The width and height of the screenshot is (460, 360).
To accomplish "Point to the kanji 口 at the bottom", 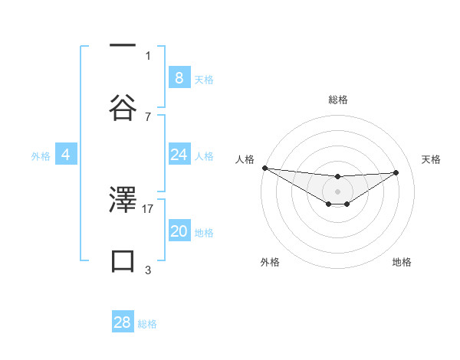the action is tap(123, 261).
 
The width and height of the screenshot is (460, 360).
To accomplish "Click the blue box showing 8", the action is tap(179, 78).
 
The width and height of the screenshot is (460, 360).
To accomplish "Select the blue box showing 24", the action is tap(179, 155).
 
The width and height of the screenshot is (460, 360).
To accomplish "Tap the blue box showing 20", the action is tap(179, 231).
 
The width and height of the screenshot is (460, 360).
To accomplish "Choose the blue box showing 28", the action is tap(123, 322).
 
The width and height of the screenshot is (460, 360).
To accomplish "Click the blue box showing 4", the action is tap(65, 155).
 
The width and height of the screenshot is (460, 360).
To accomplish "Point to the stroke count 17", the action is tap(148, 208).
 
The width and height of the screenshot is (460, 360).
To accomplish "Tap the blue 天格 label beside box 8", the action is tap(204, 80).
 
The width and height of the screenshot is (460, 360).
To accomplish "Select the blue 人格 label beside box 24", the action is tap(204, 156).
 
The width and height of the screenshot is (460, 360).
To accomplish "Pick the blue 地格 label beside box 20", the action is tap(204, 233).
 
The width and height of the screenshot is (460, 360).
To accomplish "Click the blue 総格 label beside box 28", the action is tap(147, 324).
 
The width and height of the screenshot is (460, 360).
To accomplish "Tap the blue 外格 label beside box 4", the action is tap(41, 156).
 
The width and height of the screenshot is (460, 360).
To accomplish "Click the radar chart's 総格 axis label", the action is tap(337, 100).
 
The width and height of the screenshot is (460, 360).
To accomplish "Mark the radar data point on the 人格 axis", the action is tap(264, 168).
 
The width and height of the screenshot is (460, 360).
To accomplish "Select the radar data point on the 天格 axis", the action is tap(396, 172).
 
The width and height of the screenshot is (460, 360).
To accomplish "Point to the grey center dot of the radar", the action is tap(337, 191).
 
